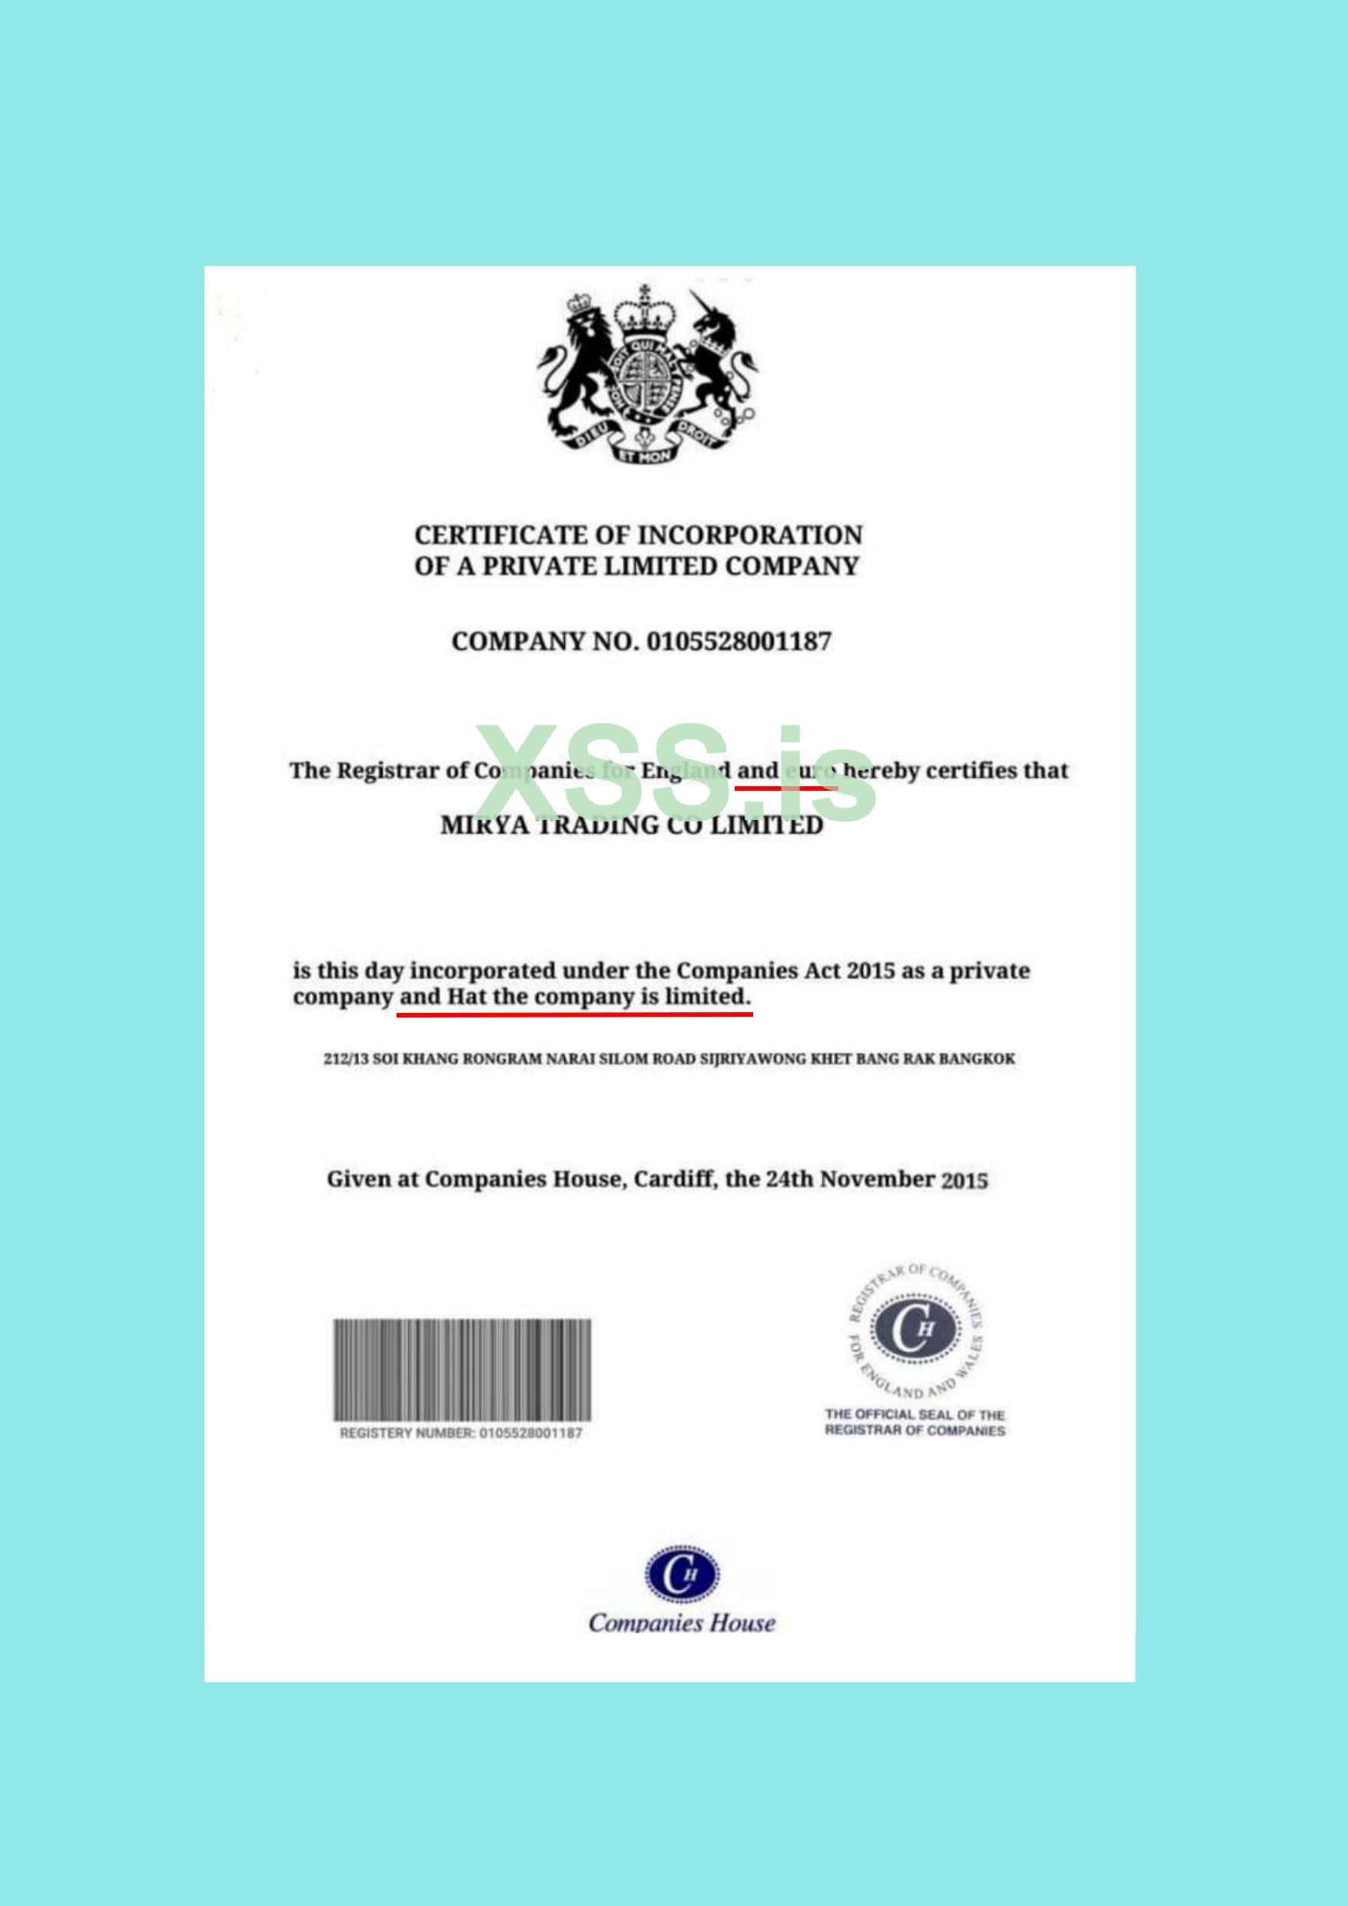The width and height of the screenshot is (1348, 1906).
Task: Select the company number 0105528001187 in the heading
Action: point(738,642)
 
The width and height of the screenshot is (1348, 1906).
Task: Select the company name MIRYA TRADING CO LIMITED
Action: point(632,825)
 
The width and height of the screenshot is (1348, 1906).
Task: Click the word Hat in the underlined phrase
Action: point(466,996)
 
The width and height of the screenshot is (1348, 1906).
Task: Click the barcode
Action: point(463,1370)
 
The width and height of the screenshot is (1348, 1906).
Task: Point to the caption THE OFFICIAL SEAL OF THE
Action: point(914,1415)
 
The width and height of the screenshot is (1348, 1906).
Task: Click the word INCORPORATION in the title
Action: point(750,535)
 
